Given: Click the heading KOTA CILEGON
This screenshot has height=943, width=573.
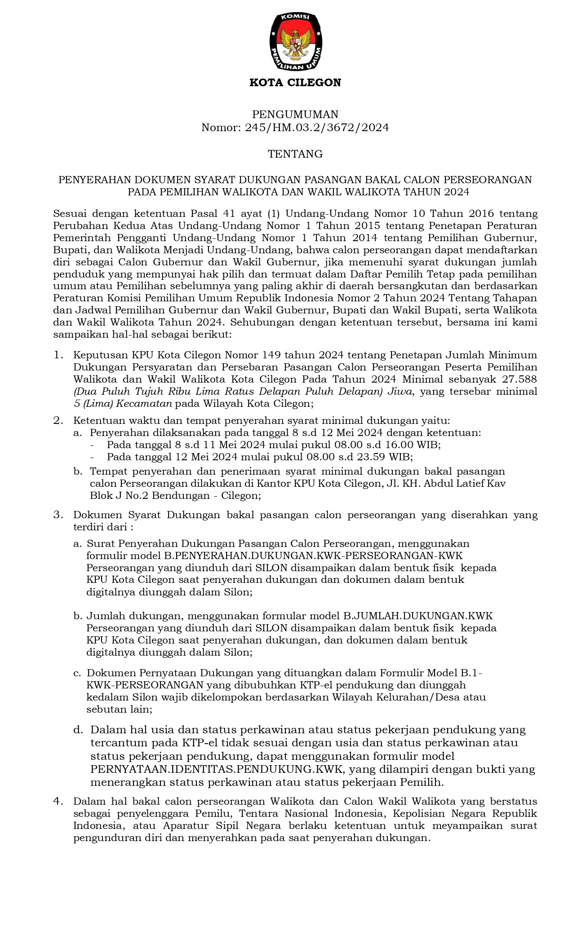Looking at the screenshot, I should (295, 83).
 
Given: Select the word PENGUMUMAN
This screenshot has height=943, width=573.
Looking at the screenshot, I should (295, 114).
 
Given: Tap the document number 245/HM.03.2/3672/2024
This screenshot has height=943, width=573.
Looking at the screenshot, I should (316, 128).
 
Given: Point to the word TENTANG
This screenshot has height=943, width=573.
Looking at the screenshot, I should (295, 154).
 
